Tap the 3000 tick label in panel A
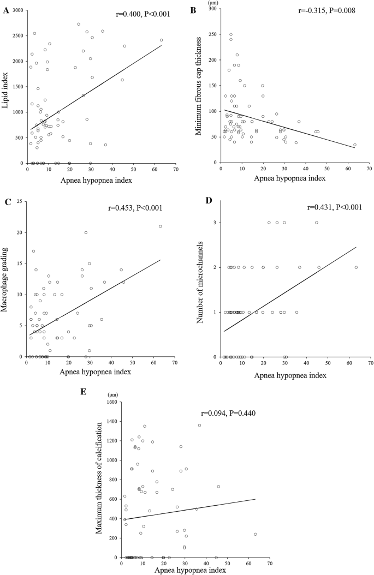click(x=17, y=10)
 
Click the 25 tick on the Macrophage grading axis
click(x=20, y=203)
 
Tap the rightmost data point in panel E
click(x=256, y=534)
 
